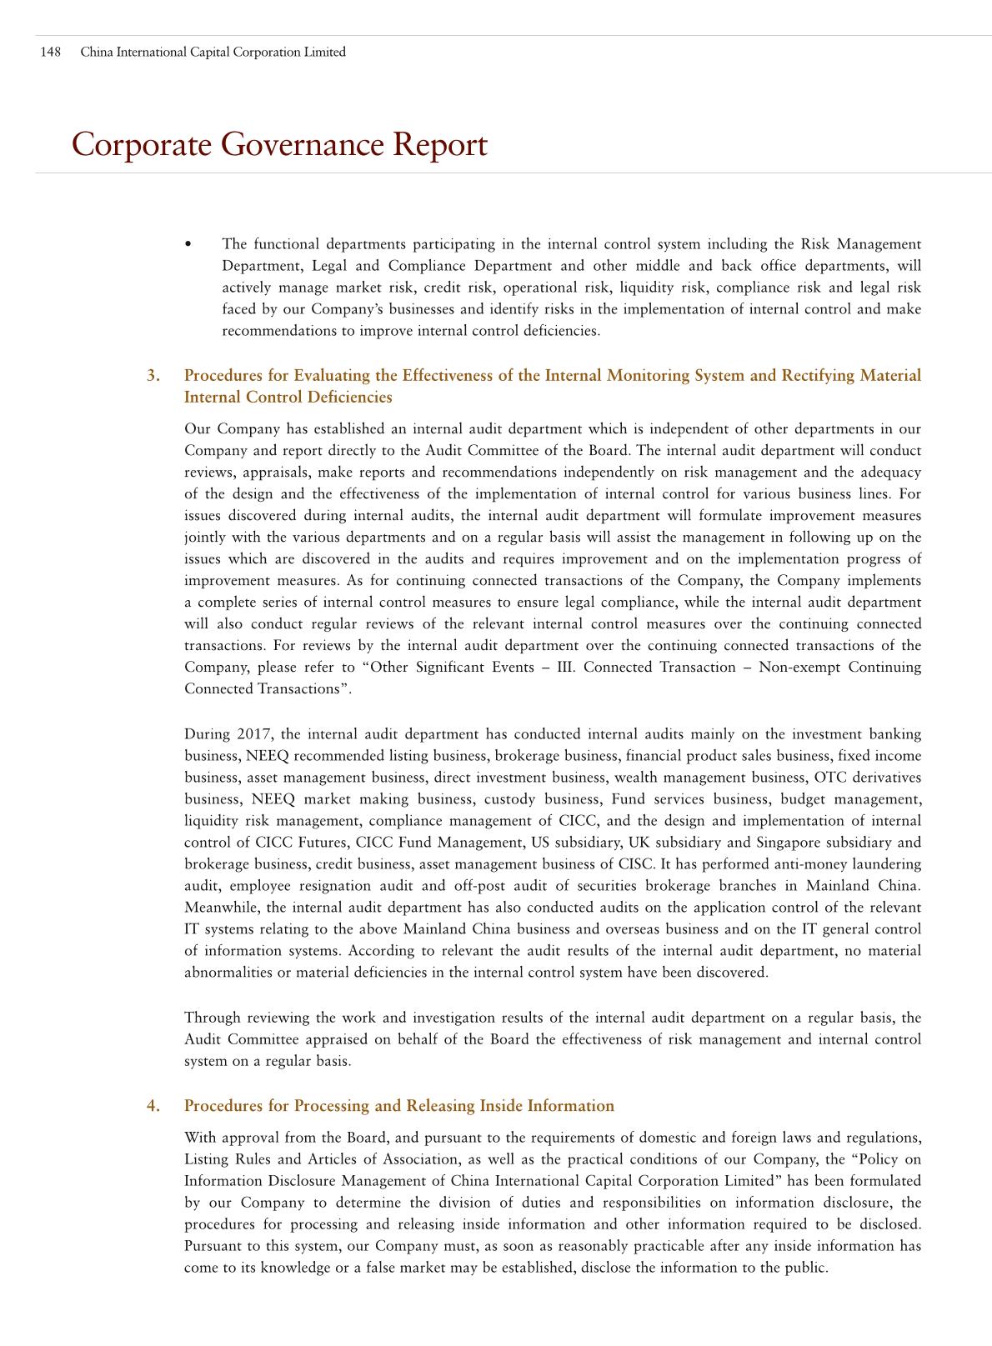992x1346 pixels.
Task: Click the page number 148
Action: [x=51, y=52]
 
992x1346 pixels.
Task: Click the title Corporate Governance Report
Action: [x=279, y=145]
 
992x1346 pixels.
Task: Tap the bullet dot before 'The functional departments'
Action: [x=189, y=244]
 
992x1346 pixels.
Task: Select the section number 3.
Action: [x=153, y=375]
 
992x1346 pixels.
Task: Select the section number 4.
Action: [x=153, y=1106]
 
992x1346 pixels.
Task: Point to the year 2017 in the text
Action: [x=254, y=734]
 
